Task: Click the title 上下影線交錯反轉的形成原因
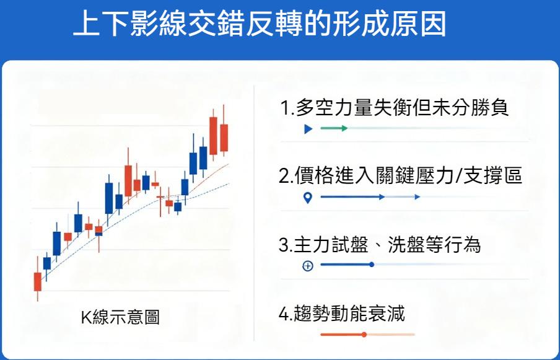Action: [259, 25]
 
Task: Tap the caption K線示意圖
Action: [120, 317]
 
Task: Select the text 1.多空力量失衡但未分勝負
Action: [394, 108]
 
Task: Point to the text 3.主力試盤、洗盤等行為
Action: [380, 245]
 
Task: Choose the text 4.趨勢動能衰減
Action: [342, 314]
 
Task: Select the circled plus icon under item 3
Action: [308, 266]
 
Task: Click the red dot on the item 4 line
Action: [364, 335]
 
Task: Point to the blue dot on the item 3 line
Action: [372, 265]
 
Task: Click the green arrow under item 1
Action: [335, 128]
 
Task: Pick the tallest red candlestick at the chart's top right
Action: [214, 135]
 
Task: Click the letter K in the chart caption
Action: [86, 318]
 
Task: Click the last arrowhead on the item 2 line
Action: [418, 197]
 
